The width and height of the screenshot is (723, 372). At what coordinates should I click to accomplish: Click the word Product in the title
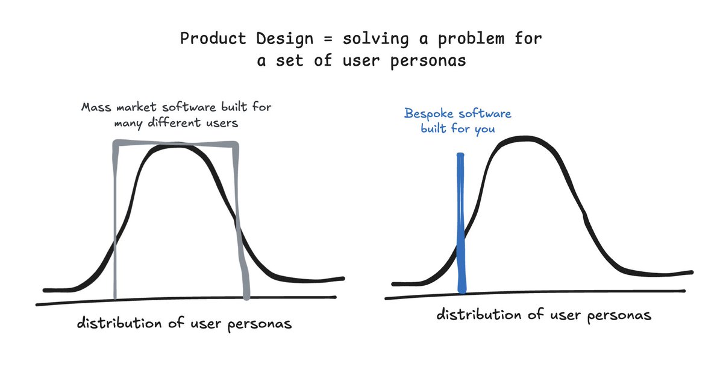213,39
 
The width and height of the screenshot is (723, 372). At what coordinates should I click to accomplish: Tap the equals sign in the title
328,39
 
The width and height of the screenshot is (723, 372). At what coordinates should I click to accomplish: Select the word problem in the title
471,39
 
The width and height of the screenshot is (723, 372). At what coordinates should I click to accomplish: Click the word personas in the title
428,61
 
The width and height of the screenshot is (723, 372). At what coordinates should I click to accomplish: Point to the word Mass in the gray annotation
96,107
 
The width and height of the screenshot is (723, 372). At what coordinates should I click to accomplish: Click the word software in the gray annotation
189,107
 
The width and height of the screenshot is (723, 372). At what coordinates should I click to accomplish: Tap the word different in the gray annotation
174,123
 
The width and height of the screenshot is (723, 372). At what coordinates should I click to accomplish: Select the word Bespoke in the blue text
429,114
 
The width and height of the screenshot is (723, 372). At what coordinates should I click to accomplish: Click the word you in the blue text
484,129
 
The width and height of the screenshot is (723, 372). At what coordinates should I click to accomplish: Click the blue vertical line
462,223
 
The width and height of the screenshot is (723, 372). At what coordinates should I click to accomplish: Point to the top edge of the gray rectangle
176,143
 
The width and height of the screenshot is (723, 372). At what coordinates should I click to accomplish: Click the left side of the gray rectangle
115,219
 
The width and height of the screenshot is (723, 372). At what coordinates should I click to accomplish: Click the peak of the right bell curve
526,139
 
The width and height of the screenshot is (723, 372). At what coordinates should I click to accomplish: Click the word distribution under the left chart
119,323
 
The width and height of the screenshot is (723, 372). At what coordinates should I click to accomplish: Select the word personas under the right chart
619,315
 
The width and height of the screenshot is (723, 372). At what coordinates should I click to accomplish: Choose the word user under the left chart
206,324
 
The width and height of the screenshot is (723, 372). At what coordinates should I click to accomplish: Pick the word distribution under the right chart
478,314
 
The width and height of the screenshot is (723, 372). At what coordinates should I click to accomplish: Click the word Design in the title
284,39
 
